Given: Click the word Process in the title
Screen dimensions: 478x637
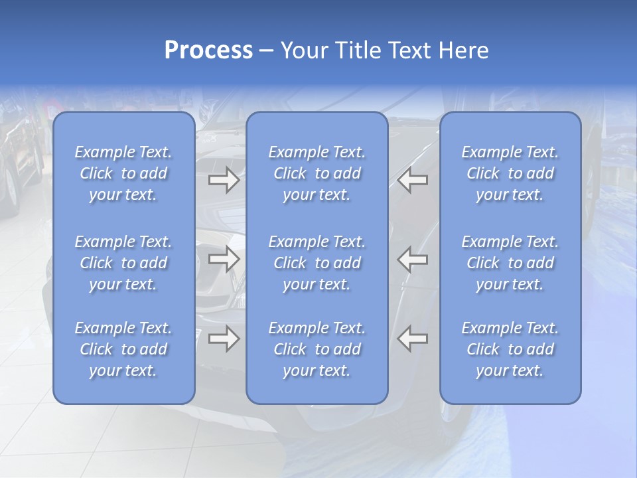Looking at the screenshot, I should point(208,50).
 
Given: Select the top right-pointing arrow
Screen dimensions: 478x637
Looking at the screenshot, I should point(224,180).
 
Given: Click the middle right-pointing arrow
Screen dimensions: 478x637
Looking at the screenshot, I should point(224,259).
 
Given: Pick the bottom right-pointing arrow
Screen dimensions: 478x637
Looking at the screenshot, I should point(224,339).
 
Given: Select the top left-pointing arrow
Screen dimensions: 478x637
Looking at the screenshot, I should point(413,180).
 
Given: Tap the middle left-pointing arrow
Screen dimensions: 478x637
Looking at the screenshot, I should point(413,259).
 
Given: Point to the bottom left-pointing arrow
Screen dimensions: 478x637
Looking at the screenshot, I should point(413,339).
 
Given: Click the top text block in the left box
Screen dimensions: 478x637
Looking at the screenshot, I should point(123,173).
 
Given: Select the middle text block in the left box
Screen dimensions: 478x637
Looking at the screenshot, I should point(123,263).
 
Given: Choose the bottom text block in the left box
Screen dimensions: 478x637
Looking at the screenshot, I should point(123,349).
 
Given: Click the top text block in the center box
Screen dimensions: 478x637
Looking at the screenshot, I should point(317,173).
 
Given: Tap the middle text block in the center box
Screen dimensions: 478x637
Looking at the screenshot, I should point(317,263).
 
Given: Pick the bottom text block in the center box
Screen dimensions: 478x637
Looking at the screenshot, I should point(317,349).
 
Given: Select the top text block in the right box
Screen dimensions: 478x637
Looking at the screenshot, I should point(510,173).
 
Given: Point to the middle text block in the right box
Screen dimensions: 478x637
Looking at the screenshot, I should point(510,263).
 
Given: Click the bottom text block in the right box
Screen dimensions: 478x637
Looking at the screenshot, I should point(510,349).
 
